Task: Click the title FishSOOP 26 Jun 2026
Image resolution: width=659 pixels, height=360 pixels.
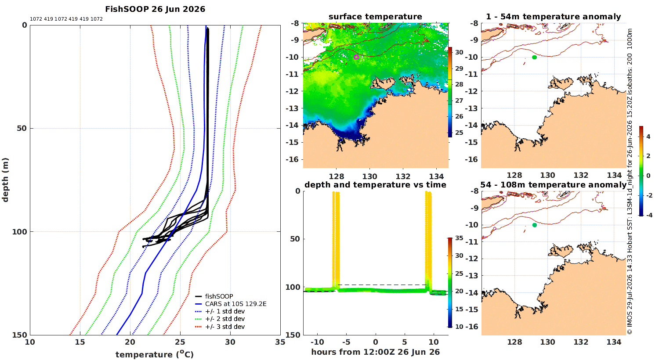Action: point(155,9)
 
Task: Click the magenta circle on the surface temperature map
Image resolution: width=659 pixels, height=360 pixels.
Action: point(356,58)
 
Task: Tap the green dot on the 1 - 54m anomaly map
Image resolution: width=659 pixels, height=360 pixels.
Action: point(534,58)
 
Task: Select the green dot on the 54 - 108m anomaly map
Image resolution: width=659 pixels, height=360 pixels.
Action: point(535,225)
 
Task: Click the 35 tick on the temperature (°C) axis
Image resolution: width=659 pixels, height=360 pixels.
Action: point(280,342)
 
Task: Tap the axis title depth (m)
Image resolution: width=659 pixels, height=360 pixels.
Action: point(5,180)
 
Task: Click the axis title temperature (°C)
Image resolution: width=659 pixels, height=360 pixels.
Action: point(155,354)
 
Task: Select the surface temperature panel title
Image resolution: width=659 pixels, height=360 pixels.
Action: point(375,17)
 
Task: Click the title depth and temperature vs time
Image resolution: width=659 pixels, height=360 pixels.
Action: point(375,184)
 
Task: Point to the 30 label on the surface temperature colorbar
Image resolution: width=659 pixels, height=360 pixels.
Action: point(459,52)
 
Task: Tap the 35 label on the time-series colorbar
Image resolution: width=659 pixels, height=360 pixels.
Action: point(459,238)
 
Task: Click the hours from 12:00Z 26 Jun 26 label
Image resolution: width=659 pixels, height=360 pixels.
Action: point(375,352)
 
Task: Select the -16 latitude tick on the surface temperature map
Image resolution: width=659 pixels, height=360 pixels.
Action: point(292,159)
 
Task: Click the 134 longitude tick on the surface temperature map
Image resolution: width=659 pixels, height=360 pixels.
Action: point(436,176)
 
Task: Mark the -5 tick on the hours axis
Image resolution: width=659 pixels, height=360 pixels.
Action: point(346,342)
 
